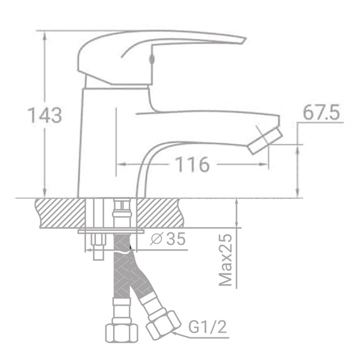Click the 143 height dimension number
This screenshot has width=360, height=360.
tap(44, 116)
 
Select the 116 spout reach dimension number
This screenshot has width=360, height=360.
tap(192, 165)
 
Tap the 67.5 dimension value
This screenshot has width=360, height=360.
tap(321, 112)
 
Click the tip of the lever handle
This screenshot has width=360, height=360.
tap(242, 40)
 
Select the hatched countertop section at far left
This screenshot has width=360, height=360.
tap(60, 212)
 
